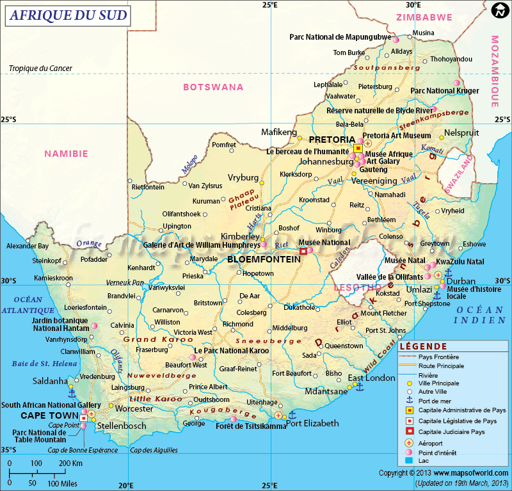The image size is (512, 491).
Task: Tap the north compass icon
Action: [500, 11]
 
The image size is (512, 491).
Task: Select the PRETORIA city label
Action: [332, 140]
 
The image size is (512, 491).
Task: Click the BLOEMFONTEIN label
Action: [264, 259]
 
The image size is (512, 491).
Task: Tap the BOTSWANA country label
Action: [213, 86]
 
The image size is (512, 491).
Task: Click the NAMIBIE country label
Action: [66, 154]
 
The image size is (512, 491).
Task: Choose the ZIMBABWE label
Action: [424, 17]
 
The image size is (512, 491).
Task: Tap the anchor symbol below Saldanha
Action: [72, 393]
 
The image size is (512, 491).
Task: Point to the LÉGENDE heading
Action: [423, 346]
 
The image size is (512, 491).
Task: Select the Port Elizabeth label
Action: [312, 423]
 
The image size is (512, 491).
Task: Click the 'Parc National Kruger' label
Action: [444, 91]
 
